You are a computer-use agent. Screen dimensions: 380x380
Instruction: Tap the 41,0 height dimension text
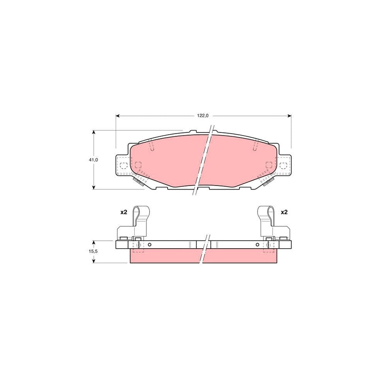coord(93,160)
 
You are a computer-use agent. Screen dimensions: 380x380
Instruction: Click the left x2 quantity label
coord(123,212)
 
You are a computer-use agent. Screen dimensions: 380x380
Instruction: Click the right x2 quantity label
coord(284,212)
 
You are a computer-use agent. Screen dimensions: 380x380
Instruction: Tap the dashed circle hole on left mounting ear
coord(123,165)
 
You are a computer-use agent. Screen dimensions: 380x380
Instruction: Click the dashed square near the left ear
coord(138,165)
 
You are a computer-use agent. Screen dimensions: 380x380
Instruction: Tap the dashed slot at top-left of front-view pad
coord(152,146)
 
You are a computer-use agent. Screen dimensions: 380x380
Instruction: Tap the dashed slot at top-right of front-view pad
coord(255,146)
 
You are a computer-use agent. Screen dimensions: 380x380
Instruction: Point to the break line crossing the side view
coord(204,249)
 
